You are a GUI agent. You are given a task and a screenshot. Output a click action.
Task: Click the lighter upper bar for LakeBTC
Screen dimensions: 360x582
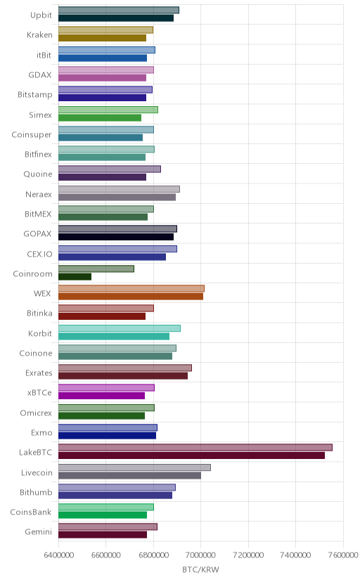[195, 447]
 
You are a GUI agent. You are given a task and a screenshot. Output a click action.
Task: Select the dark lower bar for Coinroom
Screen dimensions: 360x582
[75, 277]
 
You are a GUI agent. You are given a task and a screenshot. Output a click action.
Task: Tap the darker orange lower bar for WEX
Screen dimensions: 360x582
[131, 297]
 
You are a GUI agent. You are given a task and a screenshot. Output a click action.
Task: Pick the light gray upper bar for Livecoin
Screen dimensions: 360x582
[134, 467]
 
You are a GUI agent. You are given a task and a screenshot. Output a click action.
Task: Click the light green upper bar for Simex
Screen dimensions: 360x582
[108, 110]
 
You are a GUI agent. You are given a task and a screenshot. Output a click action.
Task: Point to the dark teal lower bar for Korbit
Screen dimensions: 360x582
[114, 336]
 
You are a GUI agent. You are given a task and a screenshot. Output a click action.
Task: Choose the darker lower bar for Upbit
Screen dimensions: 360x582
[116, 18]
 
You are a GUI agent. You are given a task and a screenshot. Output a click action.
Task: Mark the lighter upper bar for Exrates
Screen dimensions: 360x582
[125, 368]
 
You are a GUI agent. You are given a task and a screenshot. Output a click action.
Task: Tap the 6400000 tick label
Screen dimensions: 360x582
[58, 555]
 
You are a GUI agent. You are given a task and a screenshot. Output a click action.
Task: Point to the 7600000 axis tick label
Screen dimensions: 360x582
[343, 555]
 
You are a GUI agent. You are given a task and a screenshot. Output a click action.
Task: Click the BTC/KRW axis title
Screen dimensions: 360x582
[201, 570]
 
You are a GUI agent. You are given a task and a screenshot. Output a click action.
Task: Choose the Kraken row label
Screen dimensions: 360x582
[39, 35]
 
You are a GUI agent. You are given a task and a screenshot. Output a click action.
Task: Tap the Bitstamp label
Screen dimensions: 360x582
[35, 95]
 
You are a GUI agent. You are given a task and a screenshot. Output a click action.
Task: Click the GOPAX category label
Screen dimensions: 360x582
[37, 234]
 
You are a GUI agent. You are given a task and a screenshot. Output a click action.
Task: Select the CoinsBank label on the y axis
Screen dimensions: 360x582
[31, 512]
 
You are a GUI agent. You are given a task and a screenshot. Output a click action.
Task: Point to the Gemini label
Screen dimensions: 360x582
[38, 532]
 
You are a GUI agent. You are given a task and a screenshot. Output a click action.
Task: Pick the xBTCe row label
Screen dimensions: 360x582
[39, 393]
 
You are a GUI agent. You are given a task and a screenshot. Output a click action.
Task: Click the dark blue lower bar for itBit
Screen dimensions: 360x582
[103, 58]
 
